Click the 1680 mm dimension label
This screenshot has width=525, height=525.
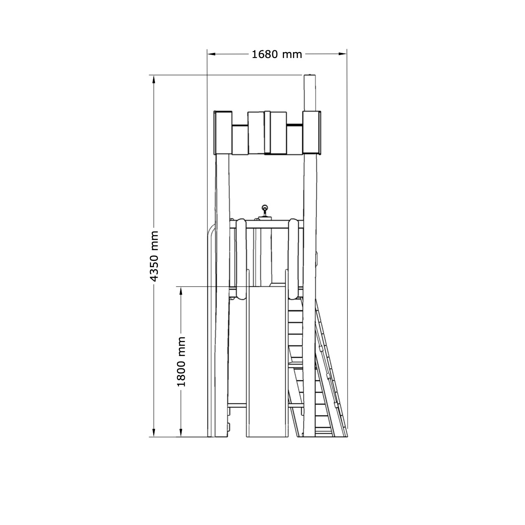tap(276, 55)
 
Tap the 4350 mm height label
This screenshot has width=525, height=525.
tap(155, 256)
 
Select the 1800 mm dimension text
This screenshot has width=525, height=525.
tap(181, 362)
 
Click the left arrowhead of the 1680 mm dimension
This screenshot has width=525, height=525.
tap(211, 54)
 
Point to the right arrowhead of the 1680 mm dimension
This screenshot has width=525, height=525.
tap(343, 54)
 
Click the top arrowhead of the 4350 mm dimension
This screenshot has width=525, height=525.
tap(154, 80)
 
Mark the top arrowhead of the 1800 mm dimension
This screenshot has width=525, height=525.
tap(181, 291)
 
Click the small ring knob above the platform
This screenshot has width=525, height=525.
tap(265, 207)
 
